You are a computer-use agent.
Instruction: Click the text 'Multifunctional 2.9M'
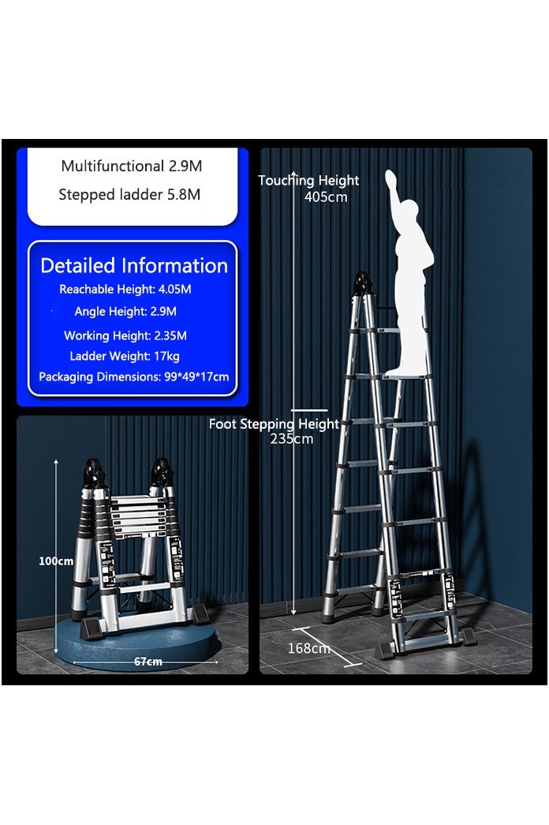tap(132, 167)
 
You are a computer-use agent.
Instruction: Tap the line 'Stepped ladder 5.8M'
tap(129, 195)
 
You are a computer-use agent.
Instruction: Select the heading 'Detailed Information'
tap(134, 266)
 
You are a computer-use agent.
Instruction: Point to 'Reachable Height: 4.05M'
tap(125, 290)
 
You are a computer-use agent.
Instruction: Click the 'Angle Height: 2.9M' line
tap(125, 312)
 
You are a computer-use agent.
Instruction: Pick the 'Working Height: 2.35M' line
tap(125, 336)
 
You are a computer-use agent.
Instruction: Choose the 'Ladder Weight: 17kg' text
tap(125, 357)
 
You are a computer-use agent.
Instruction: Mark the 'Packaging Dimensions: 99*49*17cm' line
tap(134, 377)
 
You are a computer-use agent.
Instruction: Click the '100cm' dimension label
tap(56, 561)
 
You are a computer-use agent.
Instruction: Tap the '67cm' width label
tap(148, 662)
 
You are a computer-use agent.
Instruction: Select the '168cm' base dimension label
tap(309, 649)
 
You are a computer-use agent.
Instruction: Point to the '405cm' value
tap(326, 197)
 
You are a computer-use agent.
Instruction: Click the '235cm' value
tap(292, 439)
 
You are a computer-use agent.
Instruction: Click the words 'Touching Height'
tap(308, 181)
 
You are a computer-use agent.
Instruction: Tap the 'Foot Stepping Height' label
tap(274, 424)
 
